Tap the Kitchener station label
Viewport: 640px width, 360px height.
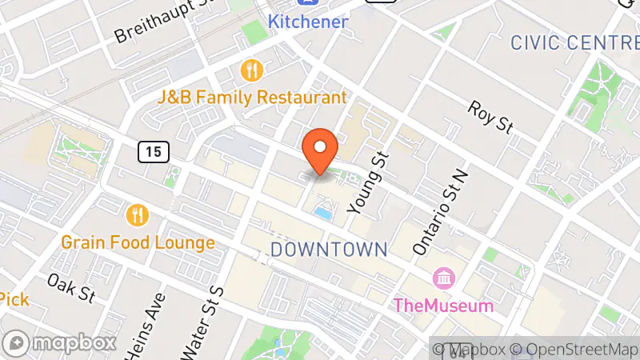coord(308,22)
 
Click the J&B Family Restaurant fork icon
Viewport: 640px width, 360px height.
coord(253,70)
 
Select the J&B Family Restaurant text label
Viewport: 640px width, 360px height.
coord(252,98)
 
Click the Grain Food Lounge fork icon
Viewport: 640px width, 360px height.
coord(138,214)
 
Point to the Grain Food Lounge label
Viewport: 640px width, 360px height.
coord(138,242)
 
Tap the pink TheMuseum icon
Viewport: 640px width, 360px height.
coord(442,278)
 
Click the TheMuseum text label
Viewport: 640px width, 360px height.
coord(442,305)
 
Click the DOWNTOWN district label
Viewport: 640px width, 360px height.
coord(329,250)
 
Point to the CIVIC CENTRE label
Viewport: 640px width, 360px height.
coord(574,42)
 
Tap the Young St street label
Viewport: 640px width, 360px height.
coord(367,182)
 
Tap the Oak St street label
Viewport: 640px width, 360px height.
coord(71,288)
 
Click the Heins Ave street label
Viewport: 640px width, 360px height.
coord(146,324)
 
